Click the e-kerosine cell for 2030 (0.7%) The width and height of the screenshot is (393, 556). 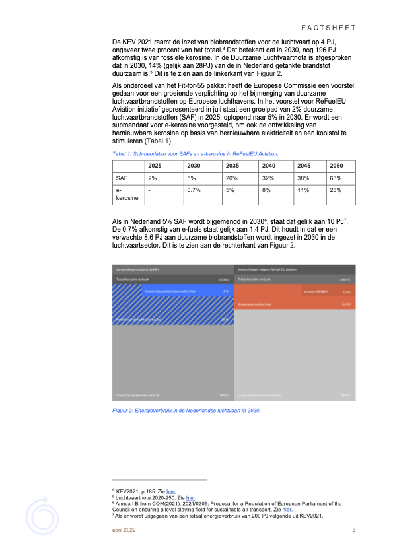pyautogui.click(x=194, y=191)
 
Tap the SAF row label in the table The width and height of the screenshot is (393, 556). pyautogui.click(x=122, y=178)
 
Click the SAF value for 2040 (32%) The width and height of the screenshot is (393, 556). pyautogui.click(x=269, y=178)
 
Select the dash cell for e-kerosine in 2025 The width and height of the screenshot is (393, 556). pyautogui.click(x=151, y=191)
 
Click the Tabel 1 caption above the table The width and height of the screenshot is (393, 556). pyautogui.click(x=196, y=153)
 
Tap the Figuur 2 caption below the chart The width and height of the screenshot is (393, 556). pyautogui.click(x=187, y=411)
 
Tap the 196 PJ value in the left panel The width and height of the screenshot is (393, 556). pyautogui.click(x=225, y=396)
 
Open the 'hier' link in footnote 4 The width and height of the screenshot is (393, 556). pyautogui.click(x=171, y=491)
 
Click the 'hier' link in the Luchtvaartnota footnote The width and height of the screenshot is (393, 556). pyautogui.click(x=191, y=497)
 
